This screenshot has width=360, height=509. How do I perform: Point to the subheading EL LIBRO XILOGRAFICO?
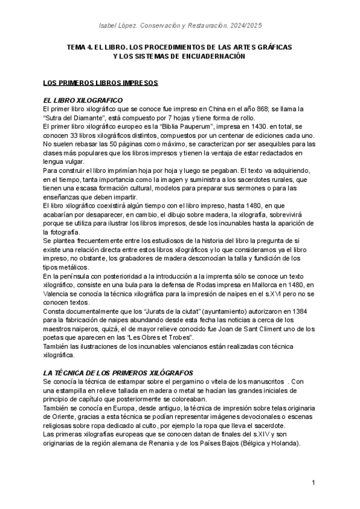83,99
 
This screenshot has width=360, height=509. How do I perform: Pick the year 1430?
256,127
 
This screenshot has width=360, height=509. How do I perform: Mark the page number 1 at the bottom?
314,483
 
